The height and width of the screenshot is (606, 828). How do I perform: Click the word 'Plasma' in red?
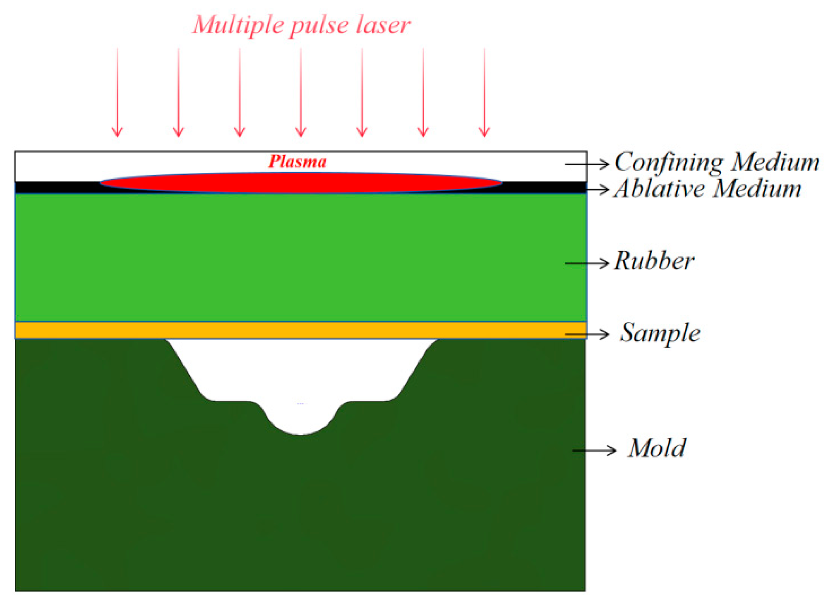tap(298, 162)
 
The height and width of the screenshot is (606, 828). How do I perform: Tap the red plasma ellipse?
tap(301, 183)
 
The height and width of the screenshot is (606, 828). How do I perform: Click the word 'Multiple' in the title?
tap(238, 25)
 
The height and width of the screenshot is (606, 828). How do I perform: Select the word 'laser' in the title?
tap(383, 25)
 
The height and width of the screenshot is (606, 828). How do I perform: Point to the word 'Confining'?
tap(669, 162)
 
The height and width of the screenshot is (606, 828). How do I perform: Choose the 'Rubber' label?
tap(654, 261)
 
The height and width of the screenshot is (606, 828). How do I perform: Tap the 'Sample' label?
tap(660, 333)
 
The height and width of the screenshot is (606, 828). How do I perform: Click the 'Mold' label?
tap(657, 448)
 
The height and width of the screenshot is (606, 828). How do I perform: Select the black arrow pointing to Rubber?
tap(587, 263)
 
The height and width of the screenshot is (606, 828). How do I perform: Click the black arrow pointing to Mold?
tap(594, 450)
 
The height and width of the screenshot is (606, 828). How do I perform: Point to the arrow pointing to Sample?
tap(587, 334)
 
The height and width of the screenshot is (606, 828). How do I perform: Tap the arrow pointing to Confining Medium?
tap(587, 164)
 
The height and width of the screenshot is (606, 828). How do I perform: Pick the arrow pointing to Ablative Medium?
tap(597, 189)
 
